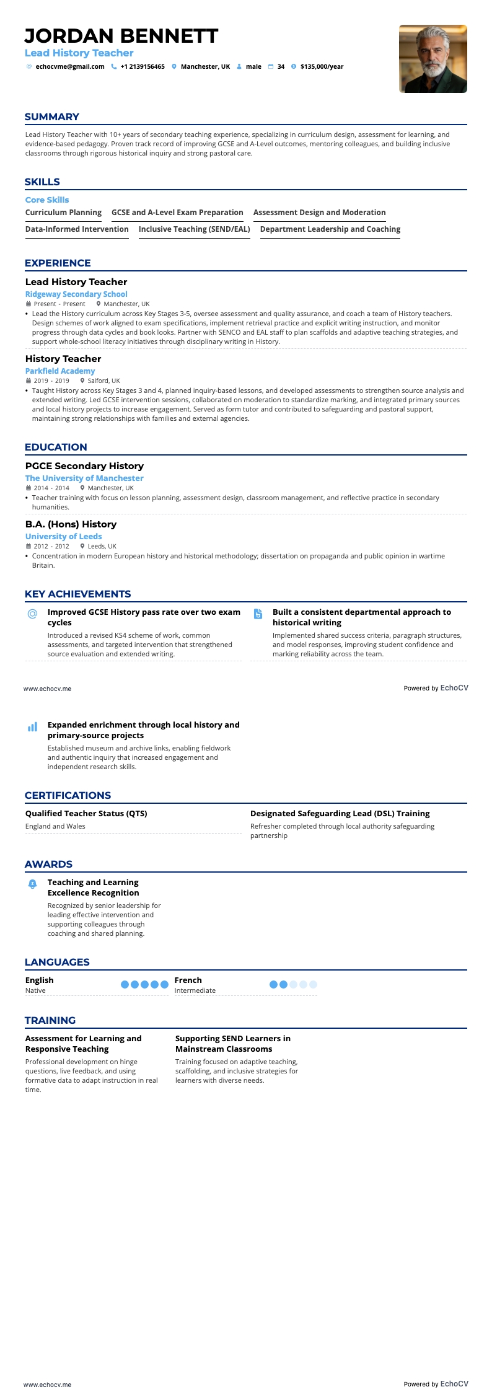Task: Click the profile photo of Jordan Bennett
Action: click(x=433, y=59)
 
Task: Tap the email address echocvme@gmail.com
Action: click(x=70, y=67)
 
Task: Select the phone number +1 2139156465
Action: click(x=143, y=67)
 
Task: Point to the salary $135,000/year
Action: click(x=322, y=67)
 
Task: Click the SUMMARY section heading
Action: click(x=52, y=117)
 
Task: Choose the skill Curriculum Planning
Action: click(x=63, y=213)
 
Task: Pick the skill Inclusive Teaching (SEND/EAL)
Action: click(x=194, y=229)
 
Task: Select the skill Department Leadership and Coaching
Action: click(x=330, y=229)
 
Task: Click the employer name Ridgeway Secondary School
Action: click(x=76, y=294)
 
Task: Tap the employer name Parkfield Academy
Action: click(x=60, y=371)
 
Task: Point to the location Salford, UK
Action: click(x=103, y=381)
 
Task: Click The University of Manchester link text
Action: click(x=84, y=478)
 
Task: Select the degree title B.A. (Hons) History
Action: click(x=71, y=524)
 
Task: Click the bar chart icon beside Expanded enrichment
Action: click(x=32, y=727)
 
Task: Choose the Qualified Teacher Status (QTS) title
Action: click(x=86, y=814)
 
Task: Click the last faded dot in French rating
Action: click(x=313, y=984)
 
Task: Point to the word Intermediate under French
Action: click(x=195, y=990)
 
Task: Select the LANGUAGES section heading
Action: click(x=57, y=962)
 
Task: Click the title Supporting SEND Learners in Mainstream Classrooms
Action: click(x=232, y=1044)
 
